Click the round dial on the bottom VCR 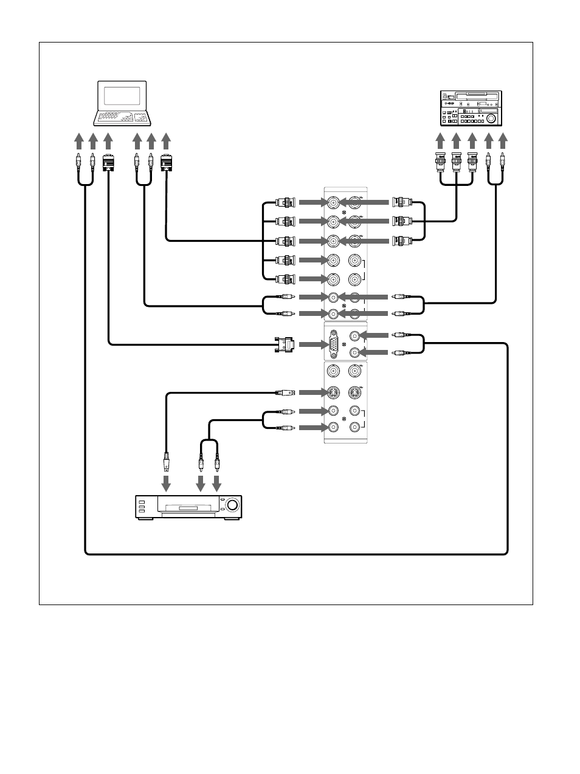coord(232,505)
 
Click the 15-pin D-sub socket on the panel coord(334,344)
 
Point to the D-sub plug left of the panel coord(285,344)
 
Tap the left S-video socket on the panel coord(333,392)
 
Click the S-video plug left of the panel coord(285,392)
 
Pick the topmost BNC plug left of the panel coord(285,202)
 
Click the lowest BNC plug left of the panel coord(285,279)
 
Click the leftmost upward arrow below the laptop coord(78,141)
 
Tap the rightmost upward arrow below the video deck coord(503,141)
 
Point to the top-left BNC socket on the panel coord(333,202)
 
